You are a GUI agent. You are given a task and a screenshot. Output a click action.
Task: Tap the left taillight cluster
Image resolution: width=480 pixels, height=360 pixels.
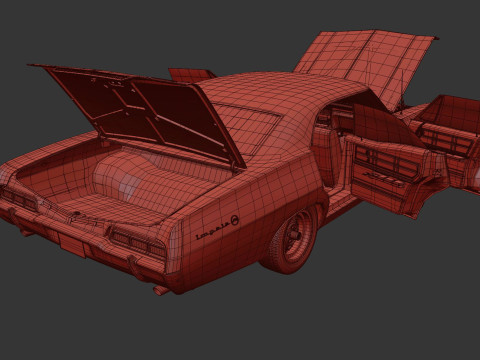click(x=20, y=198)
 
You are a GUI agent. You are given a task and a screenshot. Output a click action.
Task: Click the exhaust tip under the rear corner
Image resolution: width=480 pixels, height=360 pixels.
click(x=160, y=290)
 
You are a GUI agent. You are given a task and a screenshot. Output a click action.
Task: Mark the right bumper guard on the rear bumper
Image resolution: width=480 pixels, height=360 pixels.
click(x=128, y=262)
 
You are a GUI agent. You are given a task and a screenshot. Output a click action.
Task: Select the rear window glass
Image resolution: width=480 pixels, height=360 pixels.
click(x=245, y=125)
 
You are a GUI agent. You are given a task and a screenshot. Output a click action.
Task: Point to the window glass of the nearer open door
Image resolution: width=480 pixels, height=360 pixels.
click(x=375, y=125)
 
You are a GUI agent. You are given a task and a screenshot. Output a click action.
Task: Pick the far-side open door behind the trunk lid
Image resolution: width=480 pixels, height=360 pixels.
click(x=190, y=74)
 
